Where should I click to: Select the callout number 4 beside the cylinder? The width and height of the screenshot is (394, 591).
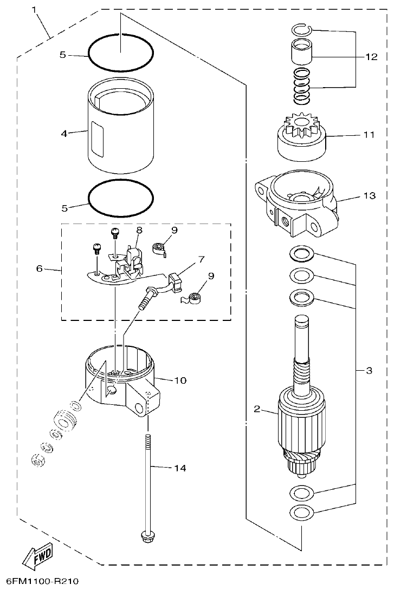[x=64, y=133]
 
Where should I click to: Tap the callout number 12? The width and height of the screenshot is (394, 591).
[x=371, y=57]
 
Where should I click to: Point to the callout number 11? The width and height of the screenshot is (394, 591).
[x=369, y=135]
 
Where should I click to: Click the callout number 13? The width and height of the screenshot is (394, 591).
[x=369, y=196]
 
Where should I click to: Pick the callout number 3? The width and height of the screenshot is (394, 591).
[x=369, y=371]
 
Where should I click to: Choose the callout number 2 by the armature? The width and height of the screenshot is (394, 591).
[x=257, y=409]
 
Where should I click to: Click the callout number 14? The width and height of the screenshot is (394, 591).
[x=179, y=468]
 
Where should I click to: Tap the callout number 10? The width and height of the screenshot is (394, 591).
[x=179, y=380]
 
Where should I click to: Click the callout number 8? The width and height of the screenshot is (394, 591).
[x=139, y=230]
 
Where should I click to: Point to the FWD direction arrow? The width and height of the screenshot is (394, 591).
[x=37, y=556]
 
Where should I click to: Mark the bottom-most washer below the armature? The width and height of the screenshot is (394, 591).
[x=302, y=511]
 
